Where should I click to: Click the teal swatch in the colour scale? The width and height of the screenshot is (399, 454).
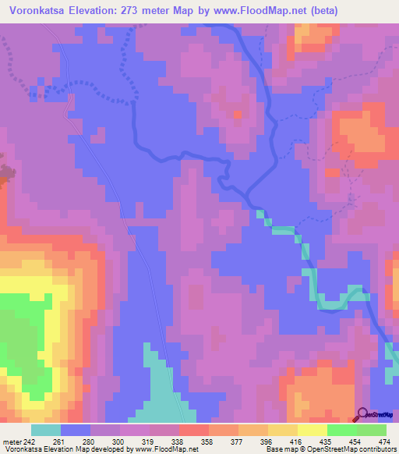(x=46, y=430)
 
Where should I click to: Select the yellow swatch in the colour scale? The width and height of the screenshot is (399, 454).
(x=312, y=430)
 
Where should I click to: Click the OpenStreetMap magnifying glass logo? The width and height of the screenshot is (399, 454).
(x=362, y=413)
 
